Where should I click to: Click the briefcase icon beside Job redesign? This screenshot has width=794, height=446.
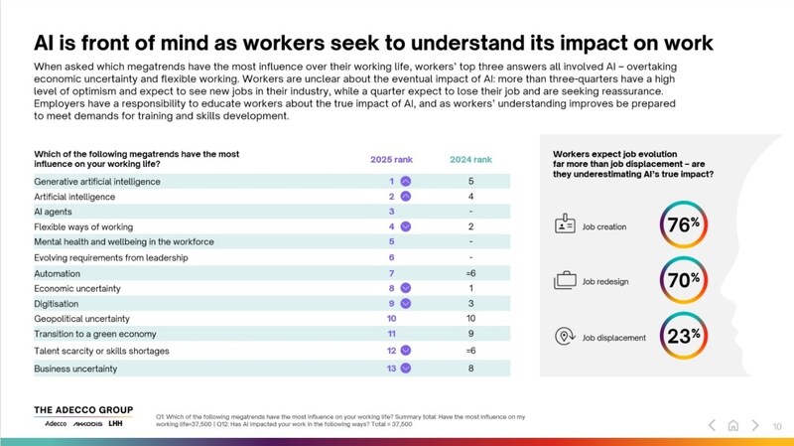565,280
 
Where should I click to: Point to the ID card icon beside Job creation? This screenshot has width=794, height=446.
565,225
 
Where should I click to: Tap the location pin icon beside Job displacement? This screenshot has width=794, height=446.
565,337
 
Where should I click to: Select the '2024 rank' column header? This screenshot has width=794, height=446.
469,160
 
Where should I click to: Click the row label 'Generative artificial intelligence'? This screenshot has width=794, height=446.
97,182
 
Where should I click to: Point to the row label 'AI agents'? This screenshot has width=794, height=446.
54,212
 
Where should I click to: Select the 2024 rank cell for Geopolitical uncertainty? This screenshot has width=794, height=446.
469,319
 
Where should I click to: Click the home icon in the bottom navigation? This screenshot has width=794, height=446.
732,425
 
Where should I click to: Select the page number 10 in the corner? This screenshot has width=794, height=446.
777,426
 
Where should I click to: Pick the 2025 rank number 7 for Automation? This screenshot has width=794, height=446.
392,273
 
